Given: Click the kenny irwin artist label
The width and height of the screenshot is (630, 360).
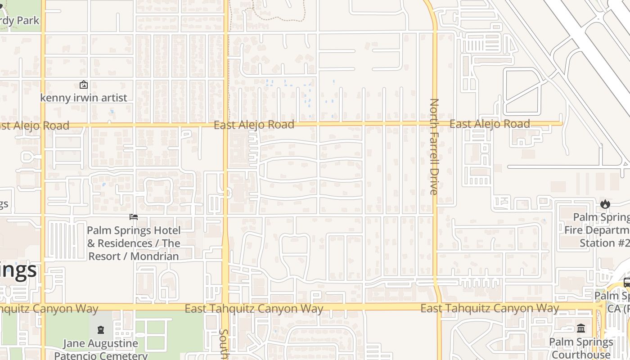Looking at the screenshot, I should click(x=84, y=98).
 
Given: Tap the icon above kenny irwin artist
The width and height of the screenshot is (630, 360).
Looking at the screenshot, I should click(x=83, y=85).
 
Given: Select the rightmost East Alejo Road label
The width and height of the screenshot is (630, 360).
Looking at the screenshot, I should click(x=490, y=124).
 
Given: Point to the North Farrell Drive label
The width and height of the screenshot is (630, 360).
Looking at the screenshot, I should click(x=433, y=147).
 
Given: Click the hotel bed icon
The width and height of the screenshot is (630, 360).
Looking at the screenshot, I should click(x=134, y=217).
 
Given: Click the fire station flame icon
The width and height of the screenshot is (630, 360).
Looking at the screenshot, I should click(x=605, y=204).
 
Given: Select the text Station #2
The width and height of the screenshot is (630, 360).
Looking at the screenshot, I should click(x=604, y=243).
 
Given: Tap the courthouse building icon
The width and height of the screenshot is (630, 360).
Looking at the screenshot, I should click(x=581, y=328).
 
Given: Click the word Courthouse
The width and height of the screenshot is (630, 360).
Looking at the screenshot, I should click(x=581, y=355).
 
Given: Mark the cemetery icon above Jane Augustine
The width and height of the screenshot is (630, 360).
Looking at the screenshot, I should click(x=100, y=330).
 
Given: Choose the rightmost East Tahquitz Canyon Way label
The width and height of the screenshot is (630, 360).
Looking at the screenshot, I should click(x=490, y=308).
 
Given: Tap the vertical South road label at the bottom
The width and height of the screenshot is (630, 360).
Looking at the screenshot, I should click(x=224, y=344).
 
